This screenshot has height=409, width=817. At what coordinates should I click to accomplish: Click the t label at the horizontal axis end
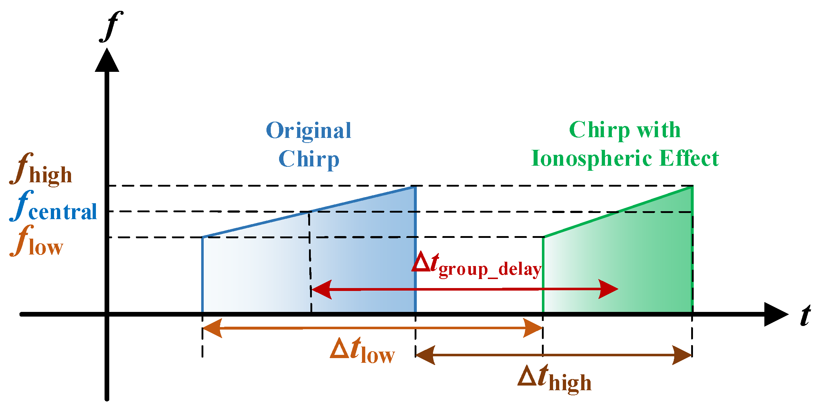805,315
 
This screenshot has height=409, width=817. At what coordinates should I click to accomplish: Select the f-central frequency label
53,206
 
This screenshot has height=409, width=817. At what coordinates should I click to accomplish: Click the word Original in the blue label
308,131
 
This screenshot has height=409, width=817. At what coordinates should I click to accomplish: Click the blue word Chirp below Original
309,159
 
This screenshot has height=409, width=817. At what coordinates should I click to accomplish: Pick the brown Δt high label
555,378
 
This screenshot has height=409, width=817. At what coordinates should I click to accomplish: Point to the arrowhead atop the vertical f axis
107,61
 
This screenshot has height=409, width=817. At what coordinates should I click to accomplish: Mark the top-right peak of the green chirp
692,187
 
